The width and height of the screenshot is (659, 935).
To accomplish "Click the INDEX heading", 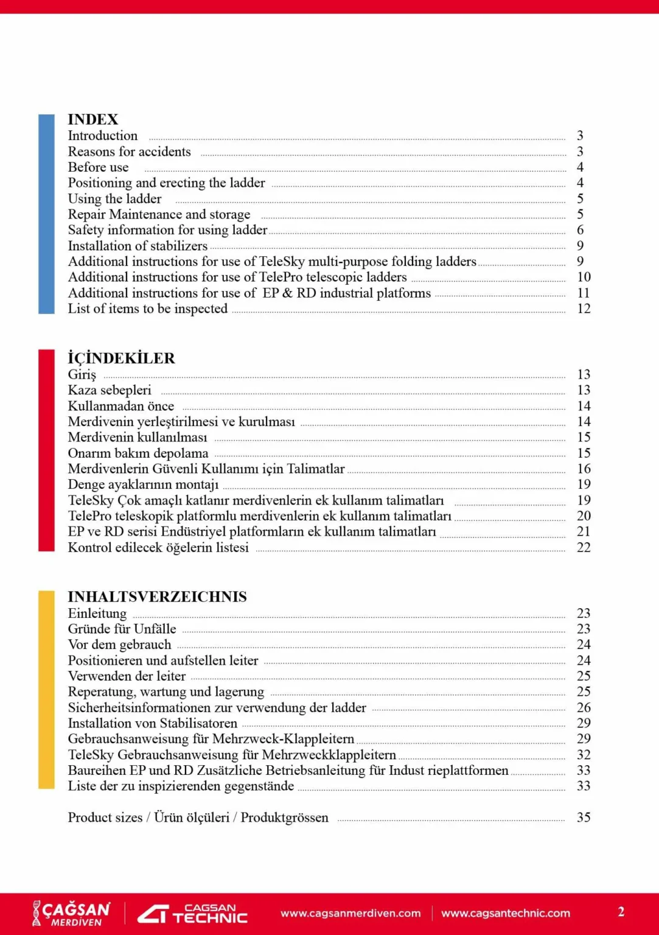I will [x=92, y=119].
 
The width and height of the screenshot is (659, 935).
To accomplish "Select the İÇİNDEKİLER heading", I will [x=121, y=358].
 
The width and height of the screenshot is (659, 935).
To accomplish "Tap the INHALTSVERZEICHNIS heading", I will [x=157, y=597].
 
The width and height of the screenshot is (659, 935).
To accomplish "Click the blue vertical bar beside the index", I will [x=46, y=214].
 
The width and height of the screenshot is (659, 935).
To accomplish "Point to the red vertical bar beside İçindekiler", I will [x=46, y=450].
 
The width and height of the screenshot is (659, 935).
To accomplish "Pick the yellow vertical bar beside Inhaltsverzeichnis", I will [x=46, y=689].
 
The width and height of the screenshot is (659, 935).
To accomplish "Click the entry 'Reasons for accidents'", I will [x=129, y=152].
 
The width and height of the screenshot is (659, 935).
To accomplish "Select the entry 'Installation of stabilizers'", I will [x=138, y=246].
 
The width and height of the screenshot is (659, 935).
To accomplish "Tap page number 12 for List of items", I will [x=584, y=309].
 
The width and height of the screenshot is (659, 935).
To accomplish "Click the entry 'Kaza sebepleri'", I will [x=110, y=390].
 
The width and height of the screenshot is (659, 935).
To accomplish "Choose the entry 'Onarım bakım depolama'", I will [x=138, y=453].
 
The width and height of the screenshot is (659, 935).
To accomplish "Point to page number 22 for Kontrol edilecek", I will [x=584, y=547].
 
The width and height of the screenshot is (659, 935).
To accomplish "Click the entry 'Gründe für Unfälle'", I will [x=122, y=629].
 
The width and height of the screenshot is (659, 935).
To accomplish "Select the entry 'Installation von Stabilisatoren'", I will [x=152, y=723].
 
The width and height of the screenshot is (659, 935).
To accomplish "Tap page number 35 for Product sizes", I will [x=584, y=818].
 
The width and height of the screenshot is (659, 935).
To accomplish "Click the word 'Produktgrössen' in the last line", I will [x=284, y=818].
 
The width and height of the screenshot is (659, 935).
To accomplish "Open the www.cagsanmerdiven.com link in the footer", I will [x=350, y=913].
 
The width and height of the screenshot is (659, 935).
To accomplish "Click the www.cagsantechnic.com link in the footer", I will [x=506, y=913].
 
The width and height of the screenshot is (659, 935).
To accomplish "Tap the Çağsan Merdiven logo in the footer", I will [x=71, y=913].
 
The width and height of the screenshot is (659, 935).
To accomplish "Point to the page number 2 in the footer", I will [x=621, y=912].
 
